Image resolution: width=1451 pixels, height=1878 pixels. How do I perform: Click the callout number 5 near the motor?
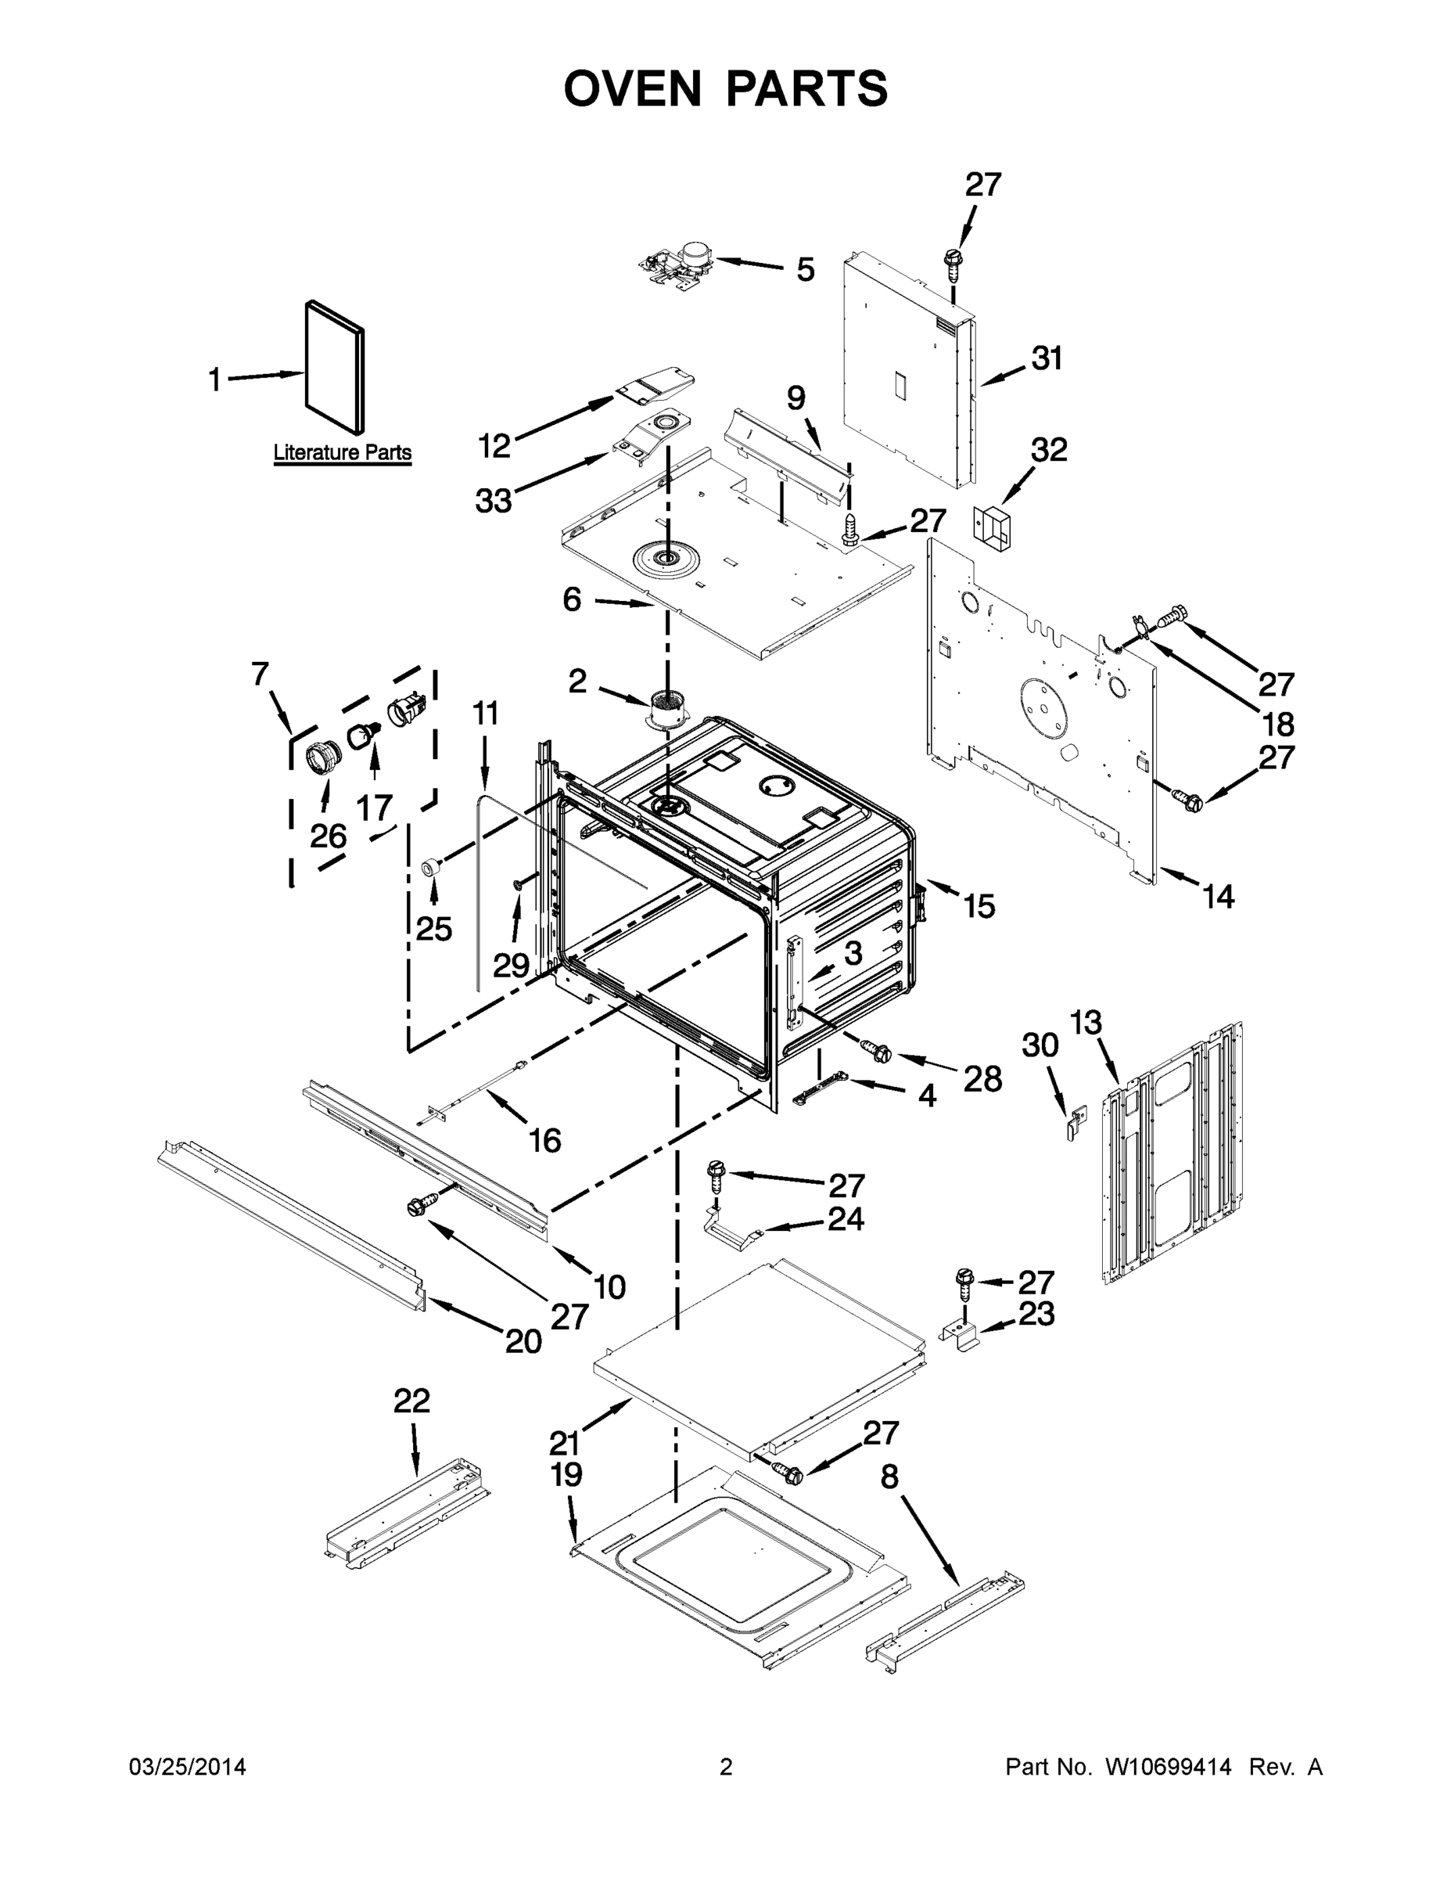coord(805,270)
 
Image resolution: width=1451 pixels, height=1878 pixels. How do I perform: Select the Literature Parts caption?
coord(342,452)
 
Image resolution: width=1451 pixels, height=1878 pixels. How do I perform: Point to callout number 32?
coord(1049,450)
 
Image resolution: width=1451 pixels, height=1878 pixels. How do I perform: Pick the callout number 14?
coord(1218,897)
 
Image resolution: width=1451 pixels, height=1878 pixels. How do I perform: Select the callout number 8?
coord(889,1477)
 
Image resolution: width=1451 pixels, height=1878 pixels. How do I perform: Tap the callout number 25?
coord(433,929)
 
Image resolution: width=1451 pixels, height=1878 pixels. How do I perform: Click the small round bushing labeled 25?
coord(429,868)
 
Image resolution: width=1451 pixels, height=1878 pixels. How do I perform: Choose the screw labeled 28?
coord(874,1049)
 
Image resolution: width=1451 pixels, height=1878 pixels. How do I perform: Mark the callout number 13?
coord(1086,1024)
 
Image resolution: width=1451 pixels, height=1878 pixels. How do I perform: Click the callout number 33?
coord(494,501)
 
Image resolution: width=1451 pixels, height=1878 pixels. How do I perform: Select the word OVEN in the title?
coord(632,88)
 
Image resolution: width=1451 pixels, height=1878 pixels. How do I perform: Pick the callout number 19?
coord(566,1476)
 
